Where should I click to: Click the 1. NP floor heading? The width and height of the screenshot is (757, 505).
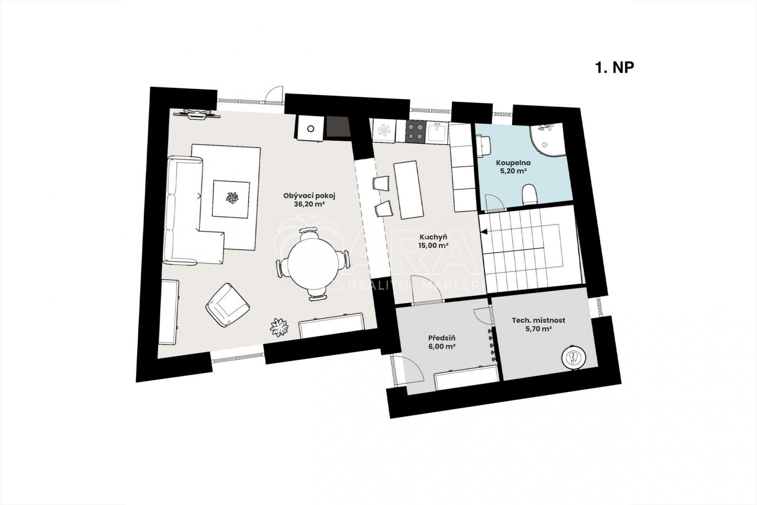pyautogui.click(x=614, y=67)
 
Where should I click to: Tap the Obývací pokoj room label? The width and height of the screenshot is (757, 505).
pyautogui.click(x=309, y=196)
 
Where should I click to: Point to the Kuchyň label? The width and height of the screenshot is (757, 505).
pyautogui.click(x=433, y=237)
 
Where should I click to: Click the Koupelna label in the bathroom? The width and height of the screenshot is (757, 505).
pyautogui.click(x=513, y=162)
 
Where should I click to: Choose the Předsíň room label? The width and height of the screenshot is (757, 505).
pyautogui.click(x=442, y=338)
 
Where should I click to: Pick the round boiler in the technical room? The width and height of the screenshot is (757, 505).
pyautogui.click(x=573, y=356)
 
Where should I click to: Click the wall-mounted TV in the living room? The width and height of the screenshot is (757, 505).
pyautogui.click(x=197, y=114)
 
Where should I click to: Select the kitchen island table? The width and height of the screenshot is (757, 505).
pyautogui.click(x=409, y=190)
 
